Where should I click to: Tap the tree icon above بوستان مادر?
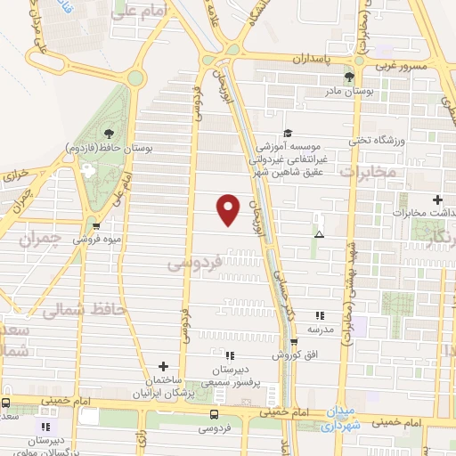pyautogui.click(x=349, y=77)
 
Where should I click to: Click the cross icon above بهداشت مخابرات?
pyautogui.click(x=436, y=199)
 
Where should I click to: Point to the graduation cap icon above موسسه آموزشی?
pyautogui.click(x=286, y=132)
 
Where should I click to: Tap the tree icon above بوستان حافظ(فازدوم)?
pyautogui.click(x=109, y=131)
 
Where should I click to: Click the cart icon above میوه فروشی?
pyautogui.click(x=96, y=225)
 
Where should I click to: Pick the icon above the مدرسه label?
pyautogui.click(x=318, y=315)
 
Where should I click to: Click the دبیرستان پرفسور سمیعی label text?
pyautogui.click(x=236, y=375)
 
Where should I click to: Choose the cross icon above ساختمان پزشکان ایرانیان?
pyautogui.click(x=163, y=366)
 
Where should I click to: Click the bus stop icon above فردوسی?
pyautogui.click(x=214, y=414)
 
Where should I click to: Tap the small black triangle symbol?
pyautogui.click(x=319, y=234)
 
